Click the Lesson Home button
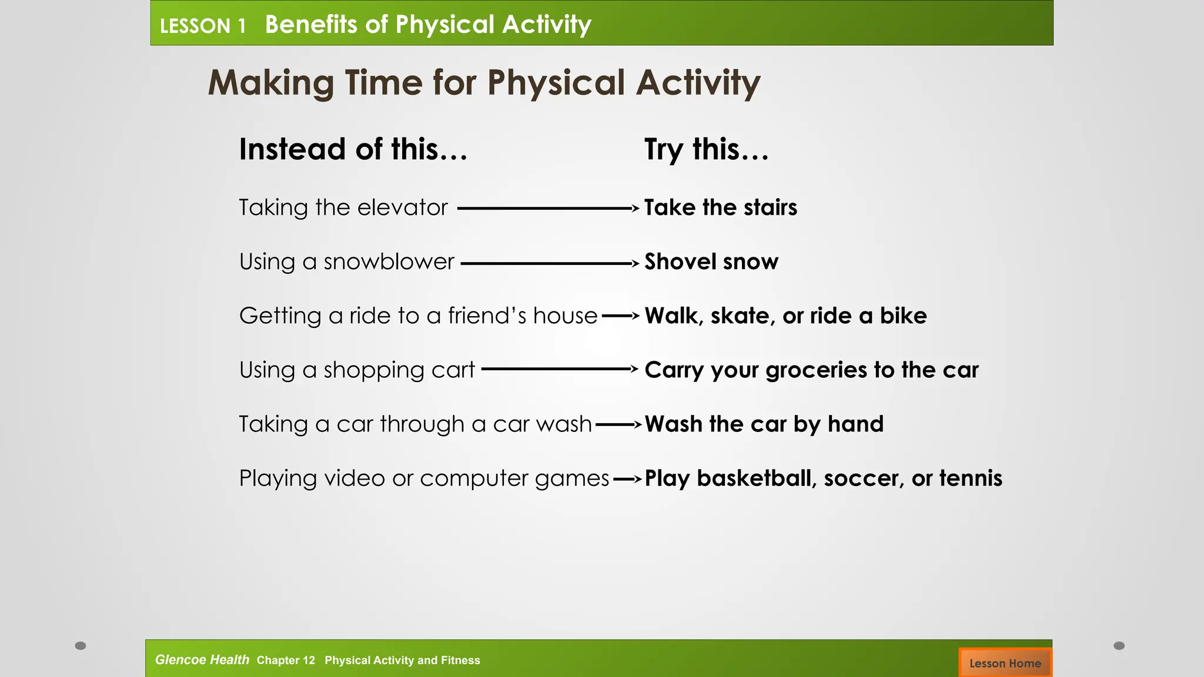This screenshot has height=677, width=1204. [x=1005, y=663]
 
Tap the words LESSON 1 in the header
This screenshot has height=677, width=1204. [x=202, y=26]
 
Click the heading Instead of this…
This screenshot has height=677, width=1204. [x=353, y=149]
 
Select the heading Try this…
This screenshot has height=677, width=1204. [x=706, y=149]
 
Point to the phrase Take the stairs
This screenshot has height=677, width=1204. [x=720, y=207]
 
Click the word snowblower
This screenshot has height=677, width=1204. [x=389, y=262]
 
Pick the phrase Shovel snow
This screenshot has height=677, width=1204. [x=711, y=262]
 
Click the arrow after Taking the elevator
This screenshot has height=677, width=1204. [x=547, y=208]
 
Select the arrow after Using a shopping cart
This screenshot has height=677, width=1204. [x=558, y=369]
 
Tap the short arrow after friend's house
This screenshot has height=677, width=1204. [x=621, y=316]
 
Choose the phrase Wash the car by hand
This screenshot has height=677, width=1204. [x=764, y=424]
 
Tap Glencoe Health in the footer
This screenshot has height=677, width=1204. [x=202, y=660]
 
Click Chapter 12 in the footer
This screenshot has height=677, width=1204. [x=286, y=661]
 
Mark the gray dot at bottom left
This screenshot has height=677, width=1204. [x=81, y=646]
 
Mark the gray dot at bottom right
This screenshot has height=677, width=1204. [x=1119, y=646]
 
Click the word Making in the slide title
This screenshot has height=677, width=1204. [x=271, y=83]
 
